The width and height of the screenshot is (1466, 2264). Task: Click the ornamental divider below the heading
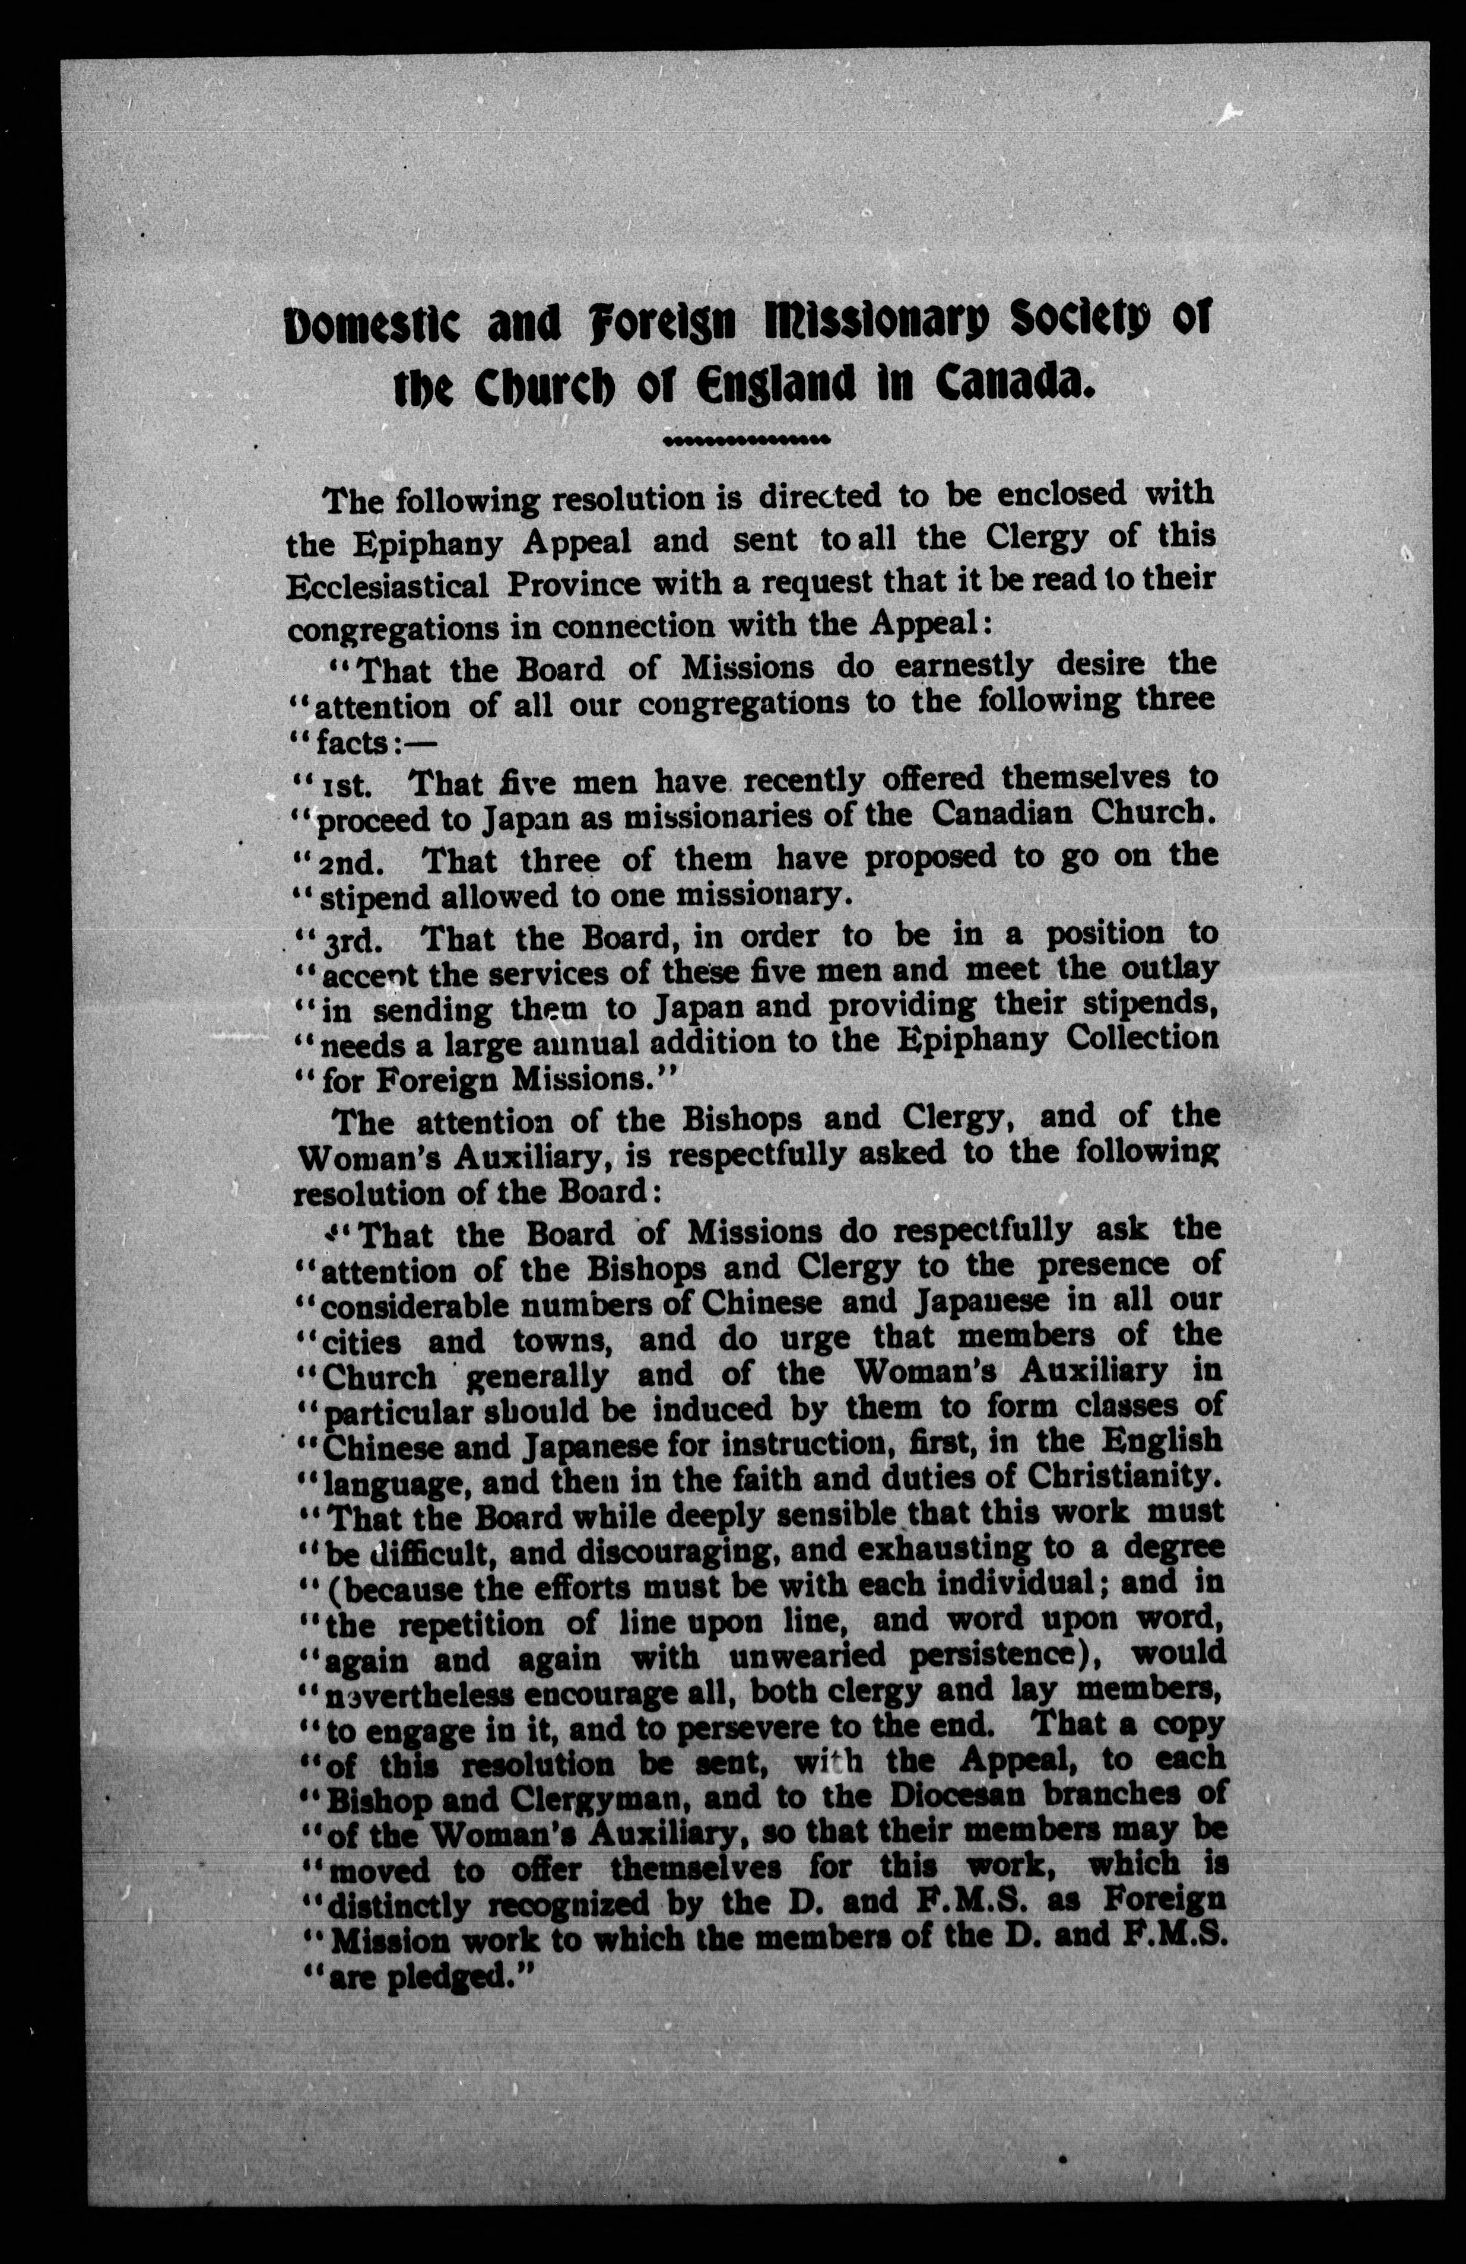[x=747, y=440]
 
